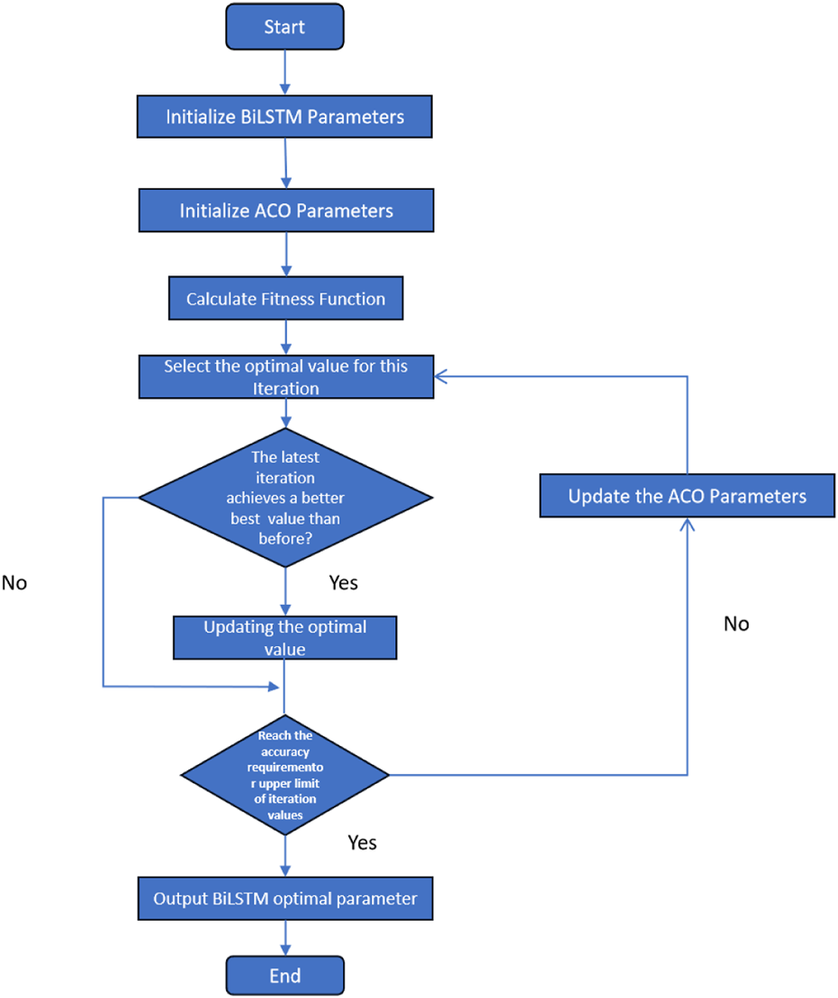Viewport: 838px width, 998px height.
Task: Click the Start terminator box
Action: coord(284,28)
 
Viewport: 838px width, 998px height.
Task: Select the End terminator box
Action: coord(284,976)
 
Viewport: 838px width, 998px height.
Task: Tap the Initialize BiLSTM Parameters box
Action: coord(284,117)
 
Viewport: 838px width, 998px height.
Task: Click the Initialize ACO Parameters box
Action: coord(285,211)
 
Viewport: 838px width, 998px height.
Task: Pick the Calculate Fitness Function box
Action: coord(285,299)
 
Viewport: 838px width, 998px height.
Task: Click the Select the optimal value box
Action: coord(285,377)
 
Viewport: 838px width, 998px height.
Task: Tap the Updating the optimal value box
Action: coord(284,637)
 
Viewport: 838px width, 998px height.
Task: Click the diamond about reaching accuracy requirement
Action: coord(284,774)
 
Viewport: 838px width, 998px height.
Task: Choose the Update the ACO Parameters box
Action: coord(687,496)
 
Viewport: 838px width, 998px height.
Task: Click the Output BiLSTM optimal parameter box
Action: coord(284,898)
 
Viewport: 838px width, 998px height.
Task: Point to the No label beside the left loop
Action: coord(15,583)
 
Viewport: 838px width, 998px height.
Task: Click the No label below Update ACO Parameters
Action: coord(735,624)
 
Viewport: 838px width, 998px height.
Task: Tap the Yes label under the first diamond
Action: coord(343,583)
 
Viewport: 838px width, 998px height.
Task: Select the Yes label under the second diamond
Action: coord(362,842)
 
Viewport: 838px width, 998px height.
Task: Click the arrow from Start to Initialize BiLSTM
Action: coord(284,70)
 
